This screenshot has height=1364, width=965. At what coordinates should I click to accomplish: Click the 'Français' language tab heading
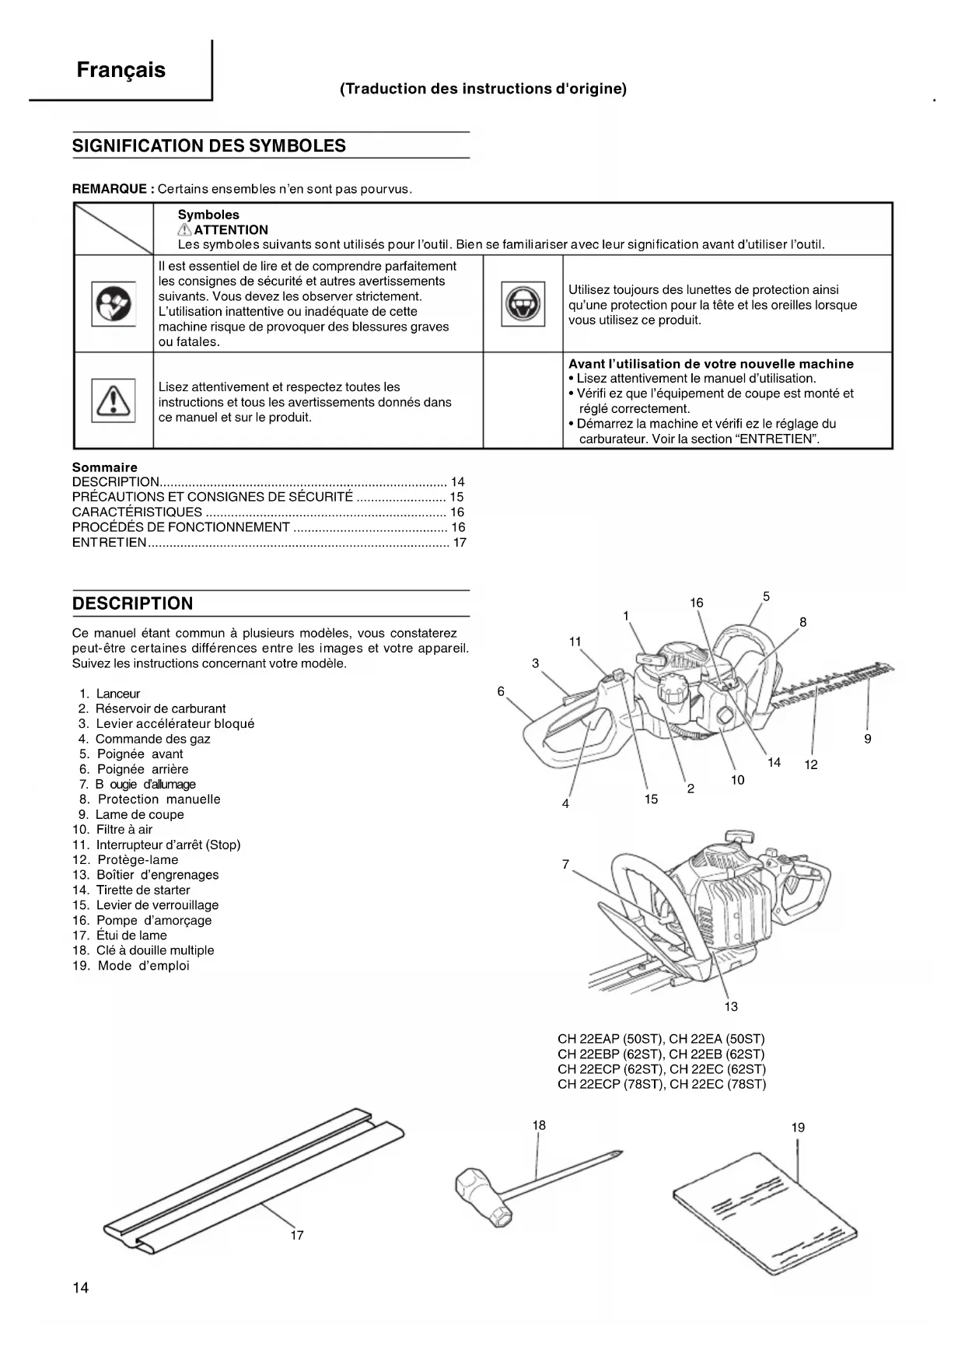point(121,70)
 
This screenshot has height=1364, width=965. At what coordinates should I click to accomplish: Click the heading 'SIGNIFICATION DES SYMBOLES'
point(208,146)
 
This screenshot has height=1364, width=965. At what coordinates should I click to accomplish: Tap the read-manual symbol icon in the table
point(113,304)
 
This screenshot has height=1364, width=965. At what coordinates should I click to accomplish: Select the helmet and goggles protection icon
point(523,304)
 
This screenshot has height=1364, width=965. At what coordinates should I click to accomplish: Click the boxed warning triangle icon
point(113,400)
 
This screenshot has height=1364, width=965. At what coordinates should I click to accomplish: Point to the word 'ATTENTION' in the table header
point(230,230)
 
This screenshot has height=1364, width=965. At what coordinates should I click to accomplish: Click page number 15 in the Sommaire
point(456,497)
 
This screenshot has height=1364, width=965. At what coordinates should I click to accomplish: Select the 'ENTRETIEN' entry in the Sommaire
point(109,542)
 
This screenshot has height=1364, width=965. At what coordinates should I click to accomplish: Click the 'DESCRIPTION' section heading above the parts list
point(132,603)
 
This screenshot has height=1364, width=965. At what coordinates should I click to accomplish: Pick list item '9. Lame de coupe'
point(131,814)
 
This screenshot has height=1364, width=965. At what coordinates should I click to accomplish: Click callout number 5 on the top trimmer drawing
point(766,597)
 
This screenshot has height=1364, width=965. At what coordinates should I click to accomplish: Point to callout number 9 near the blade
point(868,739)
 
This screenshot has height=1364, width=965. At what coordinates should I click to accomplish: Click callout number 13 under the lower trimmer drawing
point(731,1007)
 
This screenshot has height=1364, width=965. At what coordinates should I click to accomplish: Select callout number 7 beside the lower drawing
point(565,864)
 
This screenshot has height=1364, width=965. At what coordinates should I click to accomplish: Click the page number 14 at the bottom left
point(81,1288)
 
